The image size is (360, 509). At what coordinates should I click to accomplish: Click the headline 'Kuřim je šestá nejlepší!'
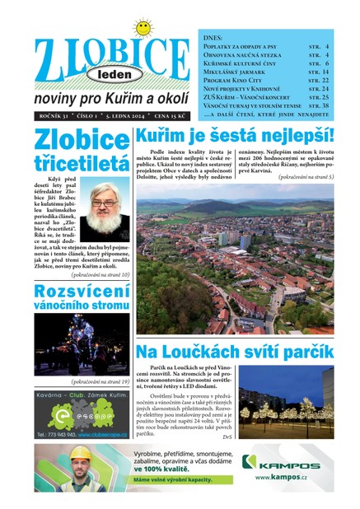(235, 135)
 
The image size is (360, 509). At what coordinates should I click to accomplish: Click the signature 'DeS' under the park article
(227, 436)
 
